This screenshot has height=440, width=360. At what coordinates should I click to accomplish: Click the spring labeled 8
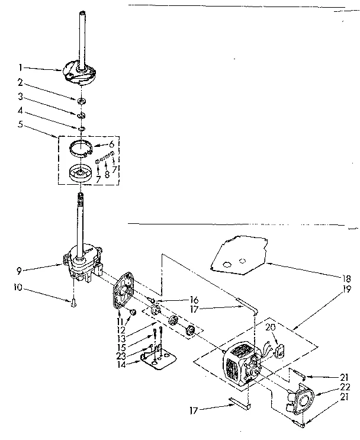click(x=105, y=158)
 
